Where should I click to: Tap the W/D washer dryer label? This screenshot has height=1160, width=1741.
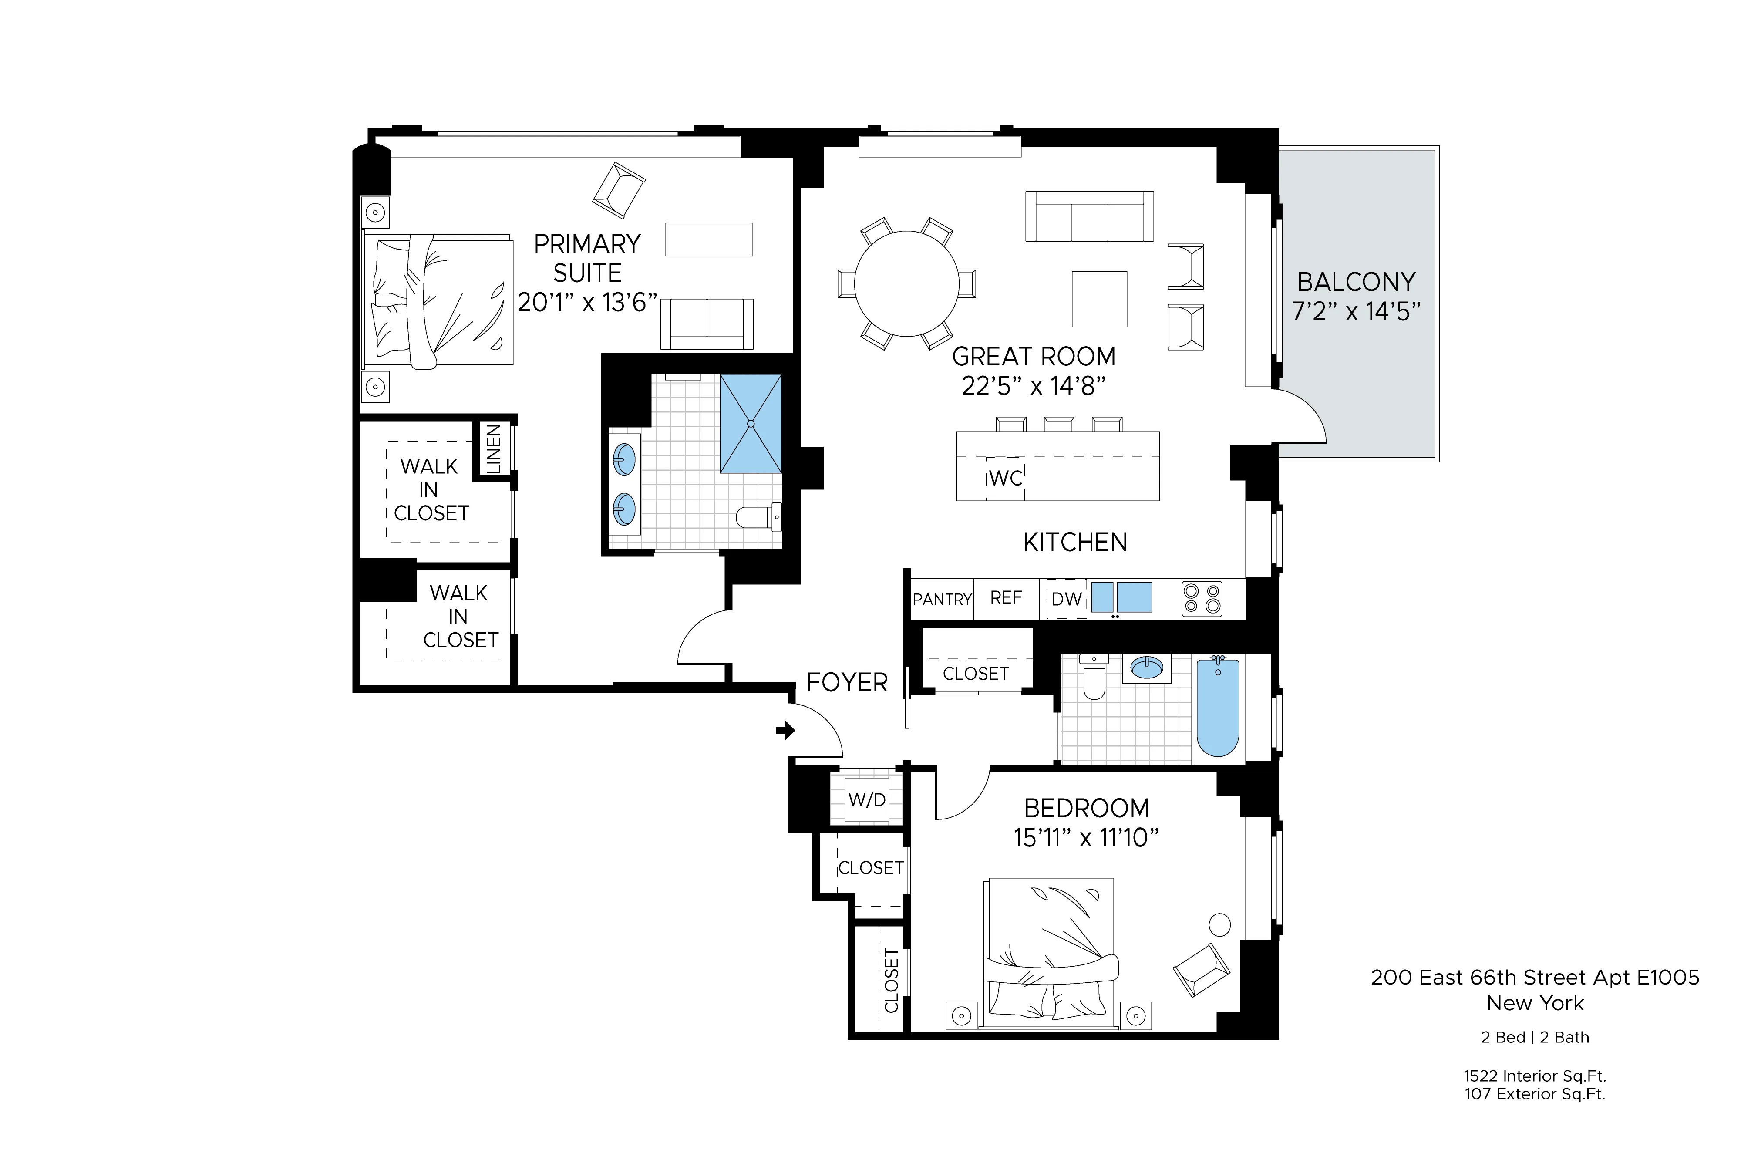(x=867, y=800)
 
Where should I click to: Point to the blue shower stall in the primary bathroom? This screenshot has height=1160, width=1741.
(x=750, y=423)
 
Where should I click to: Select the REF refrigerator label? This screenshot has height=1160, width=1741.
(x=1006, y=598)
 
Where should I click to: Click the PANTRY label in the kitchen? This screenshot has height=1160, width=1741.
(x=942, y=599)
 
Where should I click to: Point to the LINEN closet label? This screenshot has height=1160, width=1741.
(x=493, y=449)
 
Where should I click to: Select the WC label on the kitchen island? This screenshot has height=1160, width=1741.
(x=1005, y=479)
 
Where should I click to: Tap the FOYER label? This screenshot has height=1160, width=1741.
(x=847, y=682)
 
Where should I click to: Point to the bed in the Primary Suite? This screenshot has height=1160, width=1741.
(x=438, y=302)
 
